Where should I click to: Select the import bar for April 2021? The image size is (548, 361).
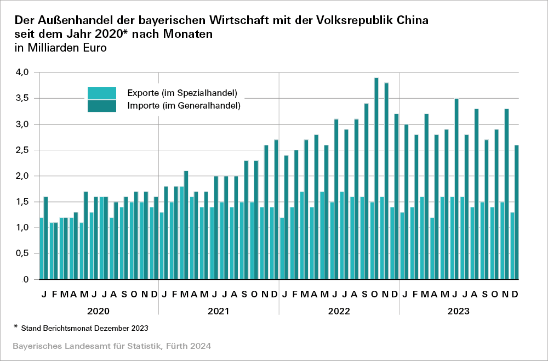click(196, 236)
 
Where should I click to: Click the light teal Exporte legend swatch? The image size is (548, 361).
click(102, 93)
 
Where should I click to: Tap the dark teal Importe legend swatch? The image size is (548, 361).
click(102, 105)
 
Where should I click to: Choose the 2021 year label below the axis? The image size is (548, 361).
click(219, 311)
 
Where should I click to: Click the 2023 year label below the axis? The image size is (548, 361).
click(459, 311)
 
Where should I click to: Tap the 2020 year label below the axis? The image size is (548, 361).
click(99, 311)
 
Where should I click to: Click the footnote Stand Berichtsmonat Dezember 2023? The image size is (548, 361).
click(85, 328)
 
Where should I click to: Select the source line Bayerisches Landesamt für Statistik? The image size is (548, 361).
click(111, 346)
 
